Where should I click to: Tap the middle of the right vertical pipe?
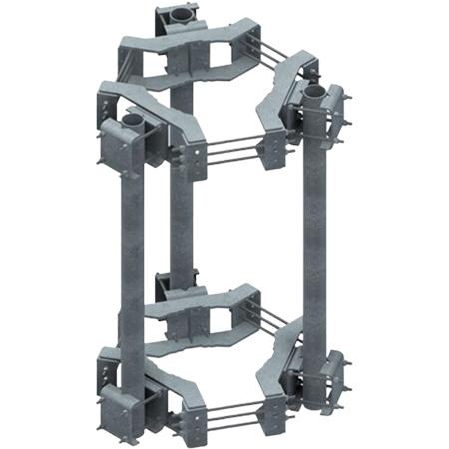pos(317,239)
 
